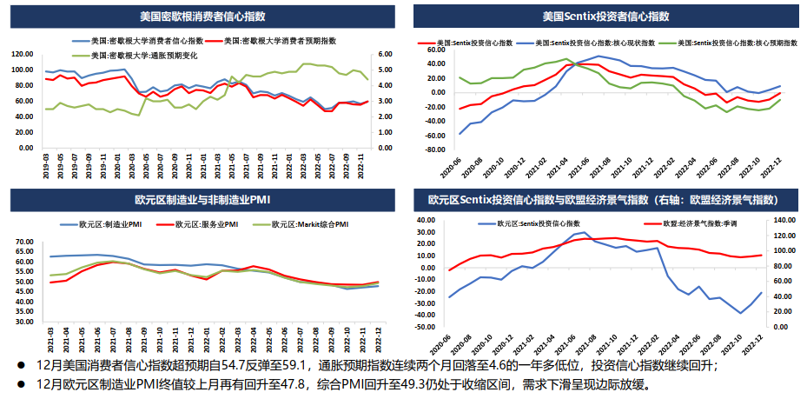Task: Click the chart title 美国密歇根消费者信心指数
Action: pos(202,16)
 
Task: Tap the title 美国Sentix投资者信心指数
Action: pos(605,16)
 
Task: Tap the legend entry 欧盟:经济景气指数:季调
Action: pos(690,223)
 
